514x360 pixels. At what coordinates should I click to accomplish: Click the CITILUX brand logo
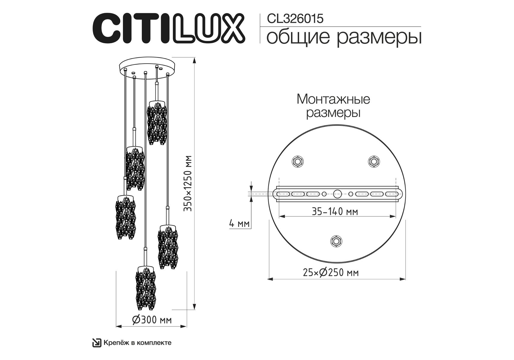pos(169,28)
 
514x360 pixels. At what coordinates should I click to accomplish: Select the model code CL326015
pos(295,19)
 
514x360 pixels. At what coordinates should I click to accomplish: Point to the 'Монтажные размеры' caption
pos(333,106)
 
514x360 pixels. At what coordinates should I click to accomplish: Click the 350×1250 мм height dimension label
pos(188,183)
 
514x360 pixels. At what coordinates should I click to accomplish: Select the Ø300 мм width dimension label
pos(152,320)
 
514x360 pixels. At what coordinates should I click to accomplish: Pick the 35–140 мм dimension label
pos(335,211)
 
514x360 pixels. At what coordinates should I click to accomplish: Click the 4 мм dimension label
pos(239,223)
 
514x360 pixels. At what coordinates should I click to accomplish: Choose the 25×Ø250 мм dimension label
pos(331,272)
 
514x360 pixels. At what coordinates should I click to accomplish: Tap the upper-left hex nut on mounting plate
pos(298,161)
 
